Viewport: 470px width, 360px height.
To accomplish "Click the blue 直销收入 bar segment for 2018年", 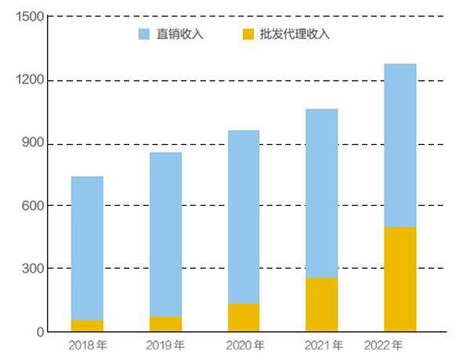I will tap(87, 247).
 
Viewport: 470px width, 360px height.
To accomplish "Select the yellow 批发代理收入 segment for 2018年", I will tap(87, 326).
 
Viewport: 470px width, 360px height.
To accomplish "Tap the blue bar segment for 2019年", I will tap(165, 234).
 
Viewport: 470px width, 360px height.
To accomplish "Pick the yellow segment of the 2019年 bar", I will tap(165, 323).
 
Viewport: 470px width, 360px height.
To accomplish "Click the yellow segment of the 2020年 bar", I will tap(244, 317).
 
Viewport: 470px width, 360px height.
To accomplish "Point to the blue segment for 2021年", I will tap(322, 193).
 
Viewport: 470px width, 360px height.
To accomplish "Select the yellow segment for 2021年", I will tap(322, 304).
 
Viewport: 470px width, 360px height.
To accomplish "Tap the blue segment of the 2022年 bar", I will tap(400, 145).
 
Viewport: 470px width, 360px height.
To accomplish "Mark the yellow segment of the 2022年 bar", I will tap(400, 279).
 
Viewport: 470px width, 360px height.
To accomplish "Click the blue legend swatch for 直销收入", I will tap(144, 34).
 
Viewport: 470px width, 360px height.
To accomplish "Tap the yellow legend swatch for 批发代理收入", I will tap(248, 34).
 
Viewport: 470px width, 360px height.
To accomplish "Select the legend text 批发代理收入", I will tap(294, 34).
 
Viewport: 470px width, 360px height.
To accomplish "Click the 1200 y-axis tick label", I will tap(23, 81).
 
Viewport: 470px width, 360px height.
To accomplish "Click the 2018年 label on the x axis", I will tap(87, 345).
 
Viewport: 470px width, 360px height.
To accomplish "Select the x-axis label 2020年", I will tap(244, 345).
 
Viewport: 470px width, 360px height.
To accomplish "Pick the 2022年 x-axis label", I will tap(384, 345).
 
